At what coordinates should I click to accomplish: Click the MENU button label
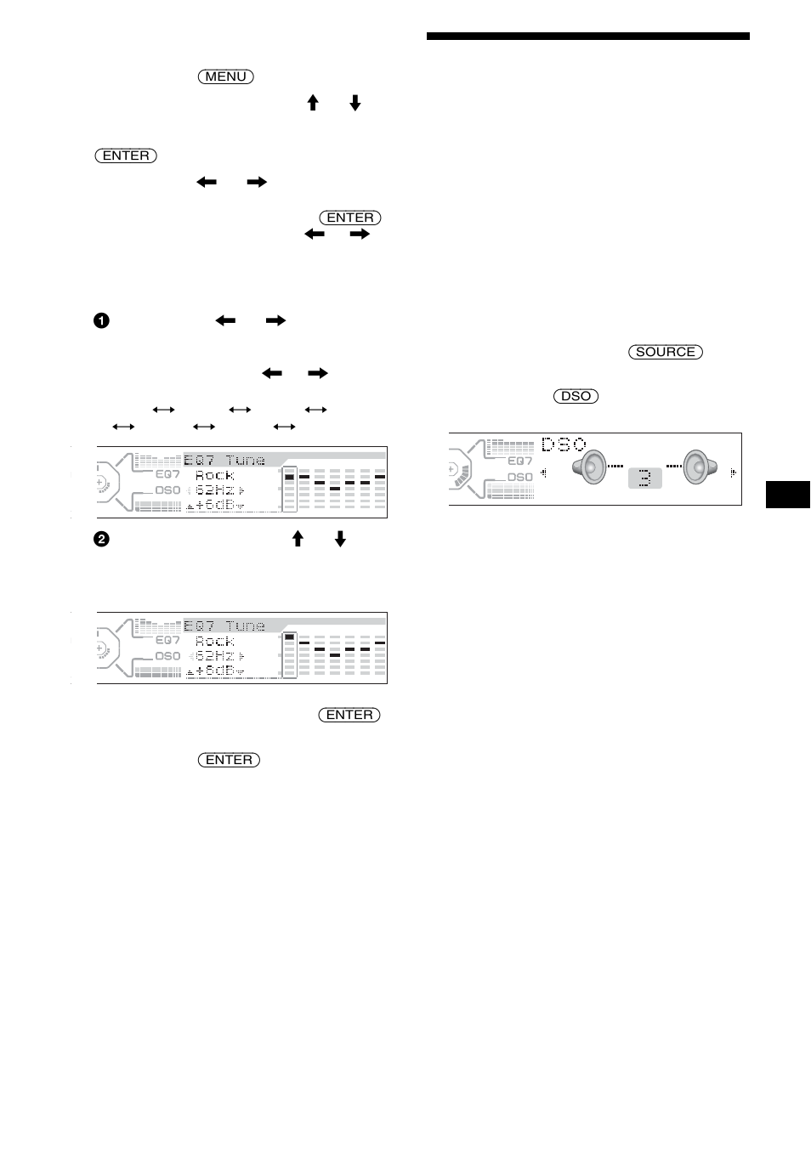pos(226,76)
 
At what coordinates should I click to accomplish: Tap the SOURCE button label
pos(666,352)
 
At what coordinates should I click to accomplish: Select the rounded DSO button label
pos(576,396)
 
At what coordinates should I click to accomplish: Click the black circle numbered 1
pos(101,321)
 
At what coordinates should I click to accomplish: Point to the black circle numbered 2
pos(101,539)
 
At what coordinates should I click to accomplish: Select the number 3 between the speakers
pos(644,478)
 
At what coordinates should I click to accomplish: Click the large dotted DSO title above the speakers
pos(564,444)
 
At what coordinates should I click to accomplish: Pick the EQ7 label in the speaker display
pos(519,461)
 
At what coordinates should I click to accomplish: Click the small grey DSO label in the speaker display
pos(519,477)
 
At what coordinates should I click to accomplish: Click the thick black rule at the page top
pos(588,37)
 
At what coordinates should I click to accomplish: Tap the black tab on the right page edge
pos(787,494)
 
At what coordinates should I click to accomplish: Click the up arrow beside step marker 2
pos(298,538)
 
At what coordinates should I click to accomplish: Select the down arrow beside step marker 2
pos(340,538)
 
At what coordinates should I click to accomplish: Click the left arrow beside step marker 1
pos(225,321)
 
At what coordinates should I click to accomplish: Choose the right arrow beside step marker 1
pos(275,321)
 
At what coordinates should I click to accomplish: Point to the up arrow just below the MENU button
pos(313,103)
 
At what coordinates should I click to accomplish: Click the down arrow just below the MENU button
pos(354,103)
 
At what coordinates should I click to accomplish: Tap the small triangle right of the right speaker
pos(733,473)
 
